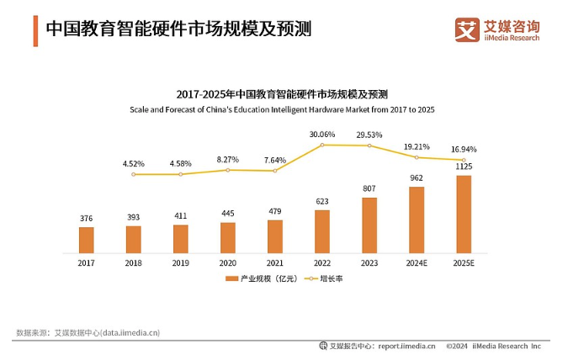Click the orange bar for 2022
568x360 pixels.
point(322,231)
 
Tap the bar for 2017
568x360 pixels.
point(86,240)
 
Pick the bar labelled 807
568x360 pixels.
point(369,225)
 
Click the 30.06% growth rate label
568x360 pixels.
point(321,135)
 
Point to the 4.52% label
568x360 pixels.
point(134,163)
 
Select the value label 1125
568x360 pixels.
point(464,167)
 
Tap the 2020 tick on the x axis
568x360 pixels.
point(228,262)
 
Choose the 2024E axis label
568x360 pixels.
point(417,262)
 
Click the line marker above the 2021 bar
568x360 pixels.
point(275,171)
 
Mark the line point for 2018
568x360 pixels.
point(134,174)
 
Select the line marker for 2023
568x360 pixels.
point(369,146)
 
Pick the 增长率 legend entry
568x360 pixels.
point(330,278)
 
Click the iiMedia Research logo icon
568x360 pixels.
point(467,29)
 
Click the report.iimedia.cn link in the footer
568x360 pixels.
point(406,346)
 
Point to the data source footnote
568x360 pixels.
point(88,332)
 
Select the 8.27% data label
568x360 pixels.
point(228,159)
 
